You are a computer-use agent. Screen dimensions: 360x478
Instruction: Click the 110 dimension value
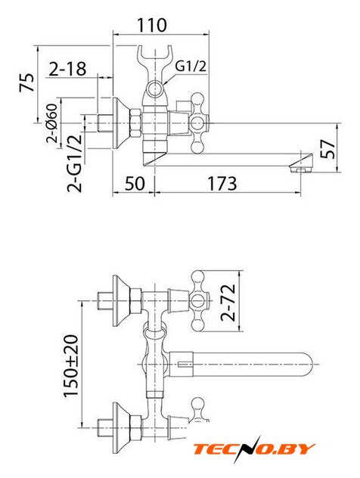click(x=152, y=25)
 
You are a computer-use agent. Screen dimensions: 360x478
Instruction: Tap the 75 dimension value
click(x=27, y=82)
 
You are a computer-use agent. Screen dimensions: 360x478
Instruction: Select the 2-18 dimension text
click(x=67, y=69)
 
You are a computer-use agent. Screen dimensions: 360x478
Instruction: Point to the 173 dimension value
click(x=222, y=184)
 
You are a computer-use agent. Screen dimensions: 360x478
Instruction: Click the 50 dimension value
click(x=135, y=184)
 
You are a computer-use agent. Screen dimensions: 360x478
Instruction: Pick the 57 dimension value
click(x=328, y=149)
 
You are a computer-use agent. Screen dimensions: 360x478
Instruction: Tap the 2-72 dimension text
click(x=228, y=303)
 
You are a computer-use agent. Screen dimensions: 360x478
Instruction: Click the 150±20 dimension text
click(x=71, y=365)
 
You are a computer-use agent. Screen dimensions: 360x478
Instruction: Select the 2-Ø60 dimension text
click(x=52, y=123)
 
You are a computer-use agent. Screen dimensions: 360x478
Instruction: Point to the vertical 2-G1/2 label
click(x=75, y=163)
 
